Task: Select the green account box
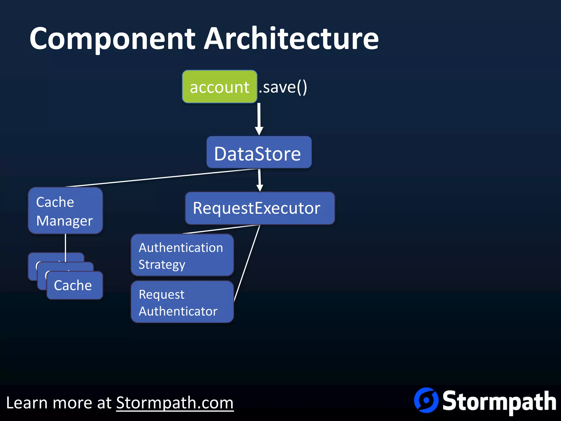pyautogui.click(x=219, y=87)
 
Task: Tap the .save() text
pyautogui.click(x=283, y=87)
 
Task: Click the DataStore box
pyautogui.click(x=259, y=153)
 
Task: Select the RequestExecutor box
pyautogui.click(x=260, y=208)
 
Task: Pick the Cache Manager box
pyautogui.click(x=65, y=211)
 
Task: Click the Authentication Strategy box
pyautogui.click(x=182, y=255)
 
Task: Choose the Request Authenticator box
pyautogui.click(x=182, y=302)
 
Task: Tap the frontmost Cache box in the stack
pyautogui.click(x=75, y=286)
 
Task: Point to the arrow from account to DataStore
pyautogui.click(x=259, y=118)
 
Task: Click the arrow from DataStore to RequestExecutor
pyautogui.click(x=259, y=180)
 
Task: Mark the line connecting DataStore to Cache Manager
pyautogui.click(x=162, y=177)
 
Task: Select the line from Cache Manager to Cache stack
pyautogui.click(x=65, y=244)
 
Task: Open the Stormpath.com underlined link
pyautogui.click(x=175, y=403)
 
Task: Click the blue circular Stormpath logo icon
pyautogui.click(x=426, y=400)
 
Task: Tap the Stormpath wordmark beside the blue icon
pyautogui.click(x=499, y=402)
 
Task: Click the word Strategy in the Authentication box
pyautogui.click(x=162, y=265)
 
